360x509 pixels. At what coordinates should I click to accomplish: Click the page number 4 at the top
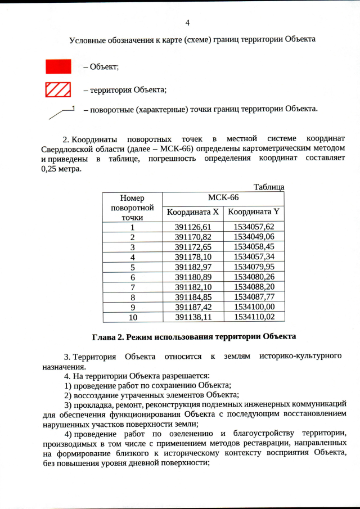click(187, 23)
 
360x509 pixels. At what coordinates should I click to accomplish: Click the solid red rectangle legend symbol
click(58, 66)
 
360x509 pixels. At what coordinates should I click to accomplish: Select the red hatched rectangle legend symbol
click(58, 89)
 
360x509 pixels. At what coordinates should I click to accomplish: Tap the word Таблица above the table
click(268, 187)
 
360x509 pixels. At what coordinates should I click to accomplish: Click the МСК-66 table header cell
click(223, 198)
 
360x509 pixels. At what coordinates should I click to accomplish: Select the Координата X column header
click(192, 212)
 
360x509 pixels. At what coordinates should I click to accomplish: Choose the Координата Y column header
click(253, 212)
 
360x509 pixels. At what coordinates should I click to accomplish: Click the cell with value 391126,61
click(192, 227)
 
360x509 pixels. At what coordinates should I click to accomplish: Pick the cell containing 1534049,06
click(253, 237)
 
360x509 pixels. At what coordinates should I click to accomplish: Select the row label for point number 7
click(132, 287)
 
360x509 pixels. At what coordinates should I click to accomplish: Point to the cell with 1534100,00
click(253, 307)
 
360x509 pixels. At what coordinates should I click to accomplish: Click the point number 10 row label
click(132, 317)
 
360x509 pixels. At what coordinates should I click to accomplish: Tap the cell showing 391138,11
click(192, 317)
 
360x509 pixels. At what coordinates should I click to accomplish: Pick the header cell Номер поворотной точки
click(132, 207)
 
